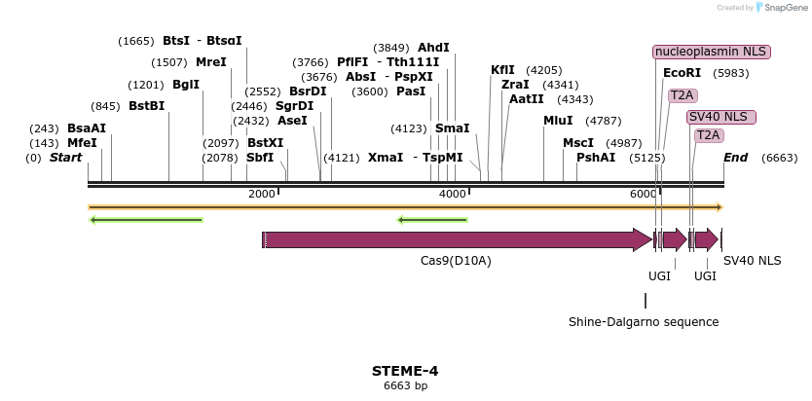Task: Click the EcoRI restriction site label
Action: (682, 73)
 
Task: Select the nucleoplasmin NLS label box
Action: (712, 52)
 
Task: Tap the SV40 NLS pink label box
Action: (720, 117)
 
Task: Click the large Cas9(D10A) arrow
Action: (458, 239)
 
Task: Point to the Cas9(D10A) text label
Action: (456, 261)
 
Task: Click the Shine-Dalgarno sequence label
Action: (644, 321)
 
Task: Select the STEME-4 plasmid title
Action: (405, 371)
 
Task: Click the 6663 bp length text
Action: (405, 386)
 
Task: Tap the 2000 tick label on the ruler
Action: (262, 195)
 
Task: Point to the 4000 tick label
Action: (453, 195)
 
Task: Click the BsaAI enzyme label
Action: (87, 128)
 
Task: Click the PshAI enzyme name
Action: (596, 157)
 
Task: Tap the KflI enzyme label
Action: (502, 70)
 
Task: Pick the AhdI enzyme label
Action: (433, 47)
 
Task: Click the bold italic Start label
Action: (65, 157)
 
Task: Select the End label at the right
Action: (735, 157)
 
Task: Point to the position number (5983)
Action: (731, 73)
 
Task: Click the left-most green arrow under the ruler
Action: (146, 220)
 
